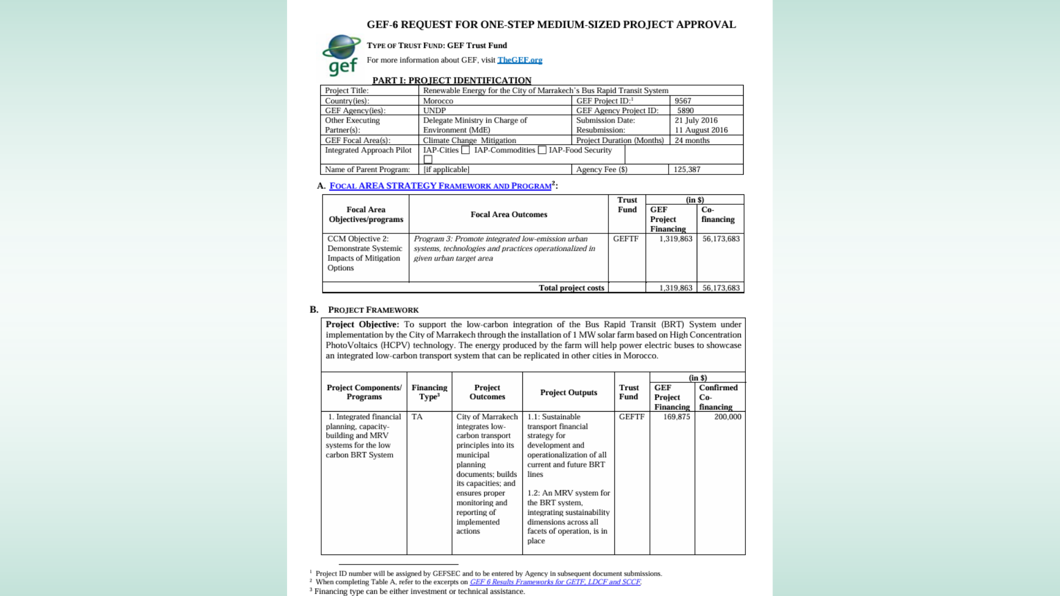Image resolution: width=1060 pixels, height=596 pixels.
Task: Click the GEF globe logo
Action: [341, 55]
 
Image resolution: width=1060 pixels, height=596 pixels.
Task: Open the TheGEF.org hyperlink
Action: [520, 60]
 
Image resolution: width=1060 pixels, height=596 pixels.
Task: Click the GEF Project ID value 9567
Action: [683, 101]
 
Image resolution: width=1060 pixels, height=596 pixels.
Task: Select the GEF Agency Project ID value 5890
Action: [685, 110]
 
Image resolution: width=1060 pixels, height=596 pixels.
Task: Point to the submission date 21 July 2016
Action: [696, 120]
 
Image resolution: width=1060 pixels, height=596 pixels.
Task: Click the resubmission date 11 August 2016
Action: [701, 130]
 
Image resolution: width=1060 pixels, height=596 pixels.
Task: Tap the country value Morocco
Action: [438, 101]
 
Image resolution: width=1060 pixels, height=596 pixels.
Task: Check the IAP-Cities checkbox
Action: [465, 150]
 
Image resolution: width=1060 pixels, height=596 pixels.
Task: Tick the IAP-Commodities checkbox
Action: [542, 150]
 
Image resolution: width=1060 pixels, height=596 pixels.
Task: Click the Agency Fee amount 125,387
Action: [687, 169]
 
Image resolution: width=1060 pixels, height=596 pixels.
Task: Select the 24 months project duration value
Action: [692, 141]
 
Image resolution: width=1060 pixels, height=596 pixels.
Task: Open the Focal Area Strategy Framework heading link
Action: [440, 186]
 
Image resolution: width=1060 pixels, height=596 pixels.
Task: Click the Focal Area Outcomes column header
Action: [508, 215]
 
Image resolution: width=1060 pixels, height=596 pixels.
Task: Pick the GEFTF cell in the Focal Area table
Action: [626, 239]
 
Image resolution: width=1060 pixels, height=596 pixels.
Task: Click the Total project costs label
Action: [571, 288]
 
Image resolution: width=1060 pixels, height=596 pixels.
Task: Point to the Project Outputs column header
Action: [568, 392]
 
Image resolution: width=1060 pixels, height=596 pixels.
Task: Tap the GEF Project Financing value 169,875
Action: [676, 417]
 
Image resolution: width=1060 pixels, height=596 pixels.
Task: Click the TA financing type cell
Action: [417, 417]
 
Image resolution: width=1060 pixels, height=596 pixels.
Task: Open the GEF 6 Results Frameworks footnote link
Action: [555, 582]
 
